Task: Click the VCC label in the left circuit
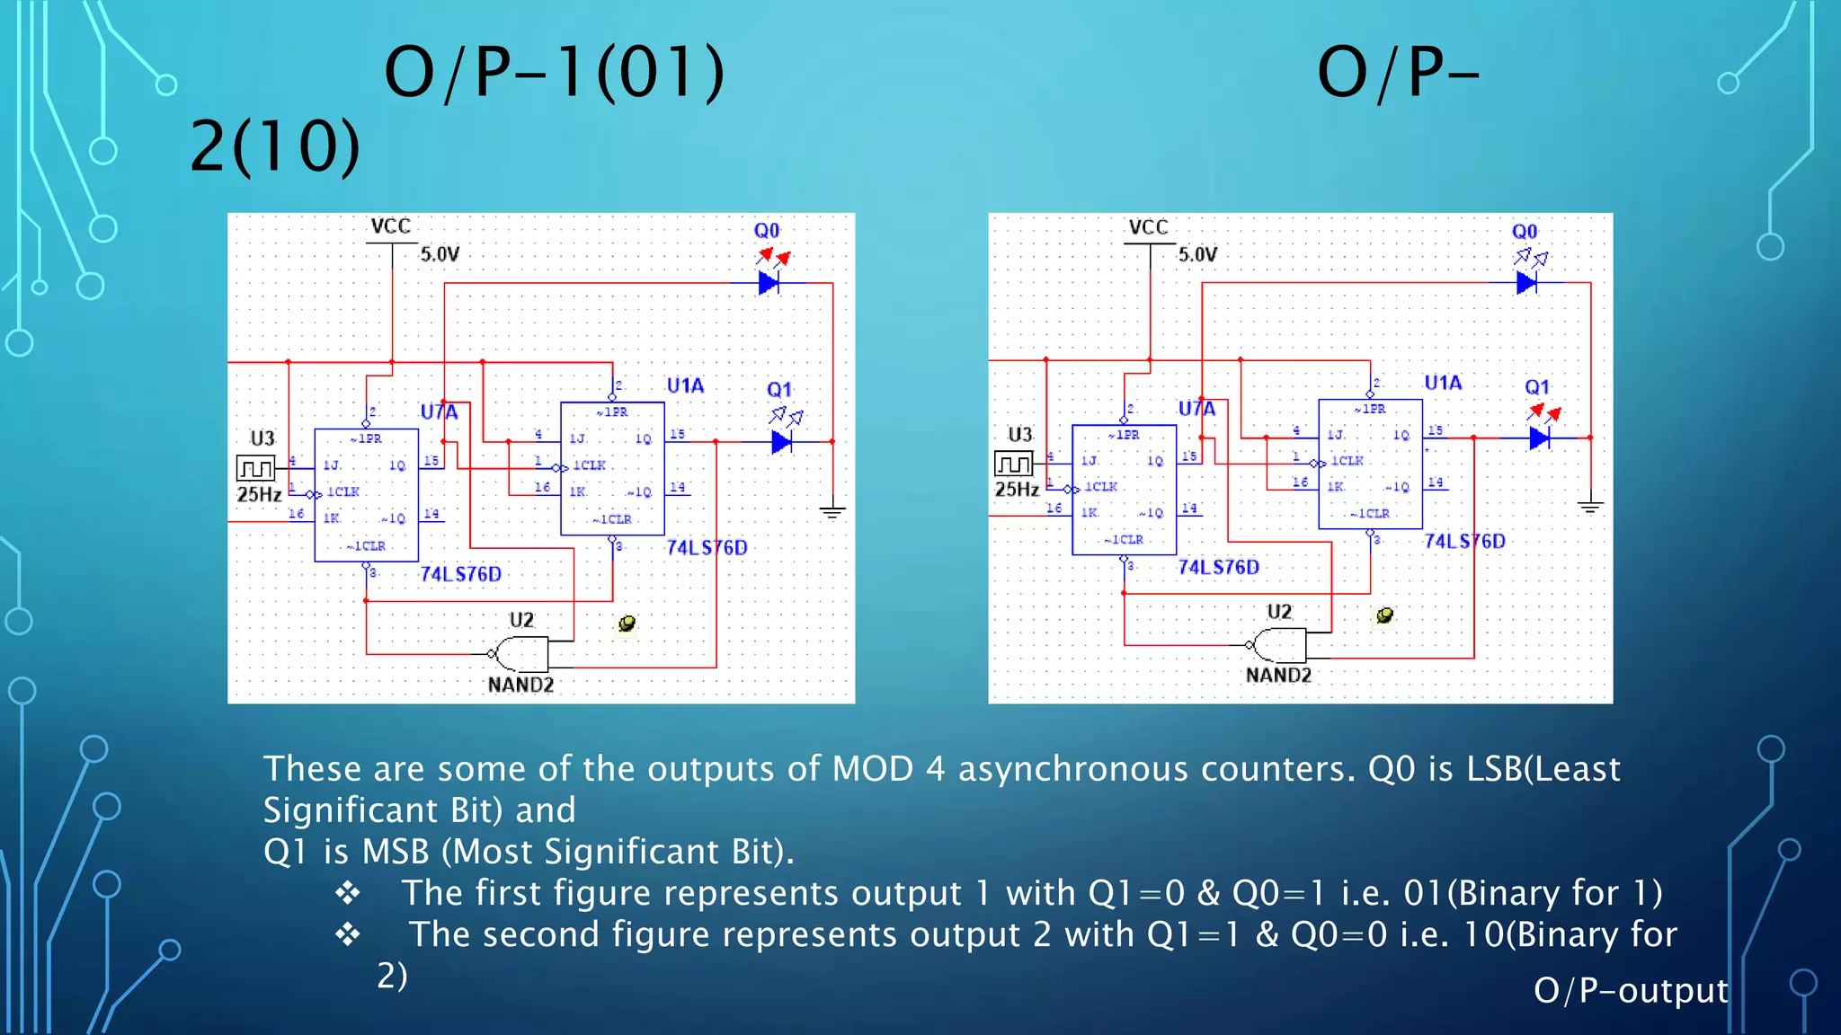pyautogui.click(x=390, y=226)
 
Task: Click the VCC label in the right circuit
pyautogui.click(x=1148, y=226)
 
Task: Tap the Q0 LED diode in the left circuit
pyautogui.click(x=769, y=283)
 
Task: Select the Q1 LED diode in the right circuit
pyautogui.click(x=1539, y=438)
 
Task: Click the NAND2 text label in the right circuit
pyautogui.click(x=1277, y=675)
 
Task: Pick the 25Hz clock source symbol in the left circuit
pyautogui.click(x=255, y=468)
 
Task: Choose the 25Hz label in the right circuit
pyautogui.click(x=1017, y=490)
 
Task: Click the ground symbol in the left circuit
pyautogui.click(x=832, y=511)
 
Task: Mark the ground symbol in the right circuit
pyautogui.click(x=1590, y=507)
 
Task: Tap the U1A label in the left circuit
pyautogui.click(x=685, y=385)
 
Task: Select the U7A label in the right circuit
pyautogui.click(x=1196, y=409)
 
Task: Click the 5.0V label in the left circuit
pyautogui.click(x=440, y=254)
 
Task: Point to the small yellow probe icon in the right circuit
pyautogui.click(x=1384, y=615)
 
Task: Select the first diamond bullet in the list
pyautogui.click(x=348, y=893)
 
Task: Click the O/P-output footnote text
pyautogui.click(x=1630, y=990)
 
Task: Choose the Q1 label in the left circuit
pyautogui.click(x=778, y=390)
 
